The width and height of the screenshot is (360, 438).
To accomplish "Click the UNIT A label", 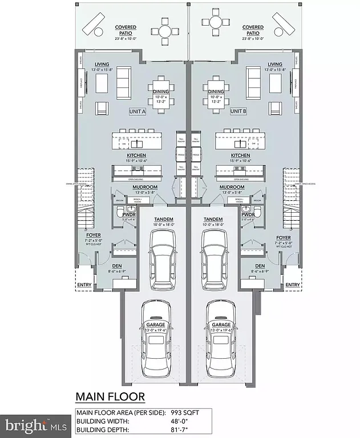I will tap(137, 112).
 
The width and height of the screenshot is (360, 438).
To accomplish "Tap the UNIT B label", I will tap(238, 112).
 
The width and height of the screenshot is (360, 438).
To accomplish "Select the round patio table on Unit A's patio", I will tap(165, 32).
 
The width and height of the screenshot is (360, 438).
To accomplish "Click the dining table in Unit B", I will tap(216, 91).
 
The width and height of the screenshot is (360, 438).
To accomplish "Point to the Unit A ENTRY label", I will tap(84, 285).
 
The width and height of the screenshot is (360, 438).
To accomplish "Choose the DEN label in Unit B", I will tap(260, 266).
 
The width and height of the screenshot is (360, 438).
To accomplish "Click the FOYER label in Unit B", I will tap(283, 237).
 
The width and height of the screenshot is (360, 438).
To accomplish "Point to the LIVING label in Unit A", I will tap(102, 64).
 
